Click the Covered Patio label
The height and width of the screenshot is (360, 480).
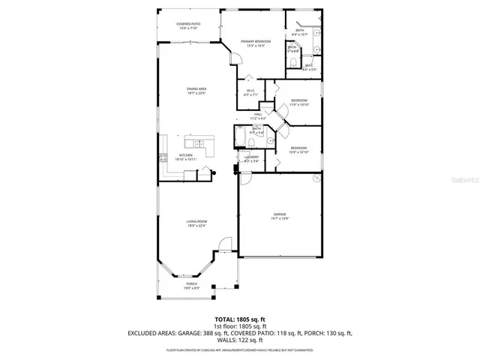[x=188, y=25]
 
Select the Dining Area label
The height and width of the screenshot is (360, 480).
[x=196, y=91]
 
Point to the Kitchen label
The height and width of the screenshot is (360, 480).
[x=185, y=157]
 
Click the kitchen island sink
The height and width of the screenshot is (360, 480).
[x=199, y=143]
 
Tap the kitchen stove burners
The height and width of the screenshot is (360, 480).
[x=161, y=157]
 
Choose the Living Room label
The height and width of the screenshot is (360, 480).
[x=196, y=223]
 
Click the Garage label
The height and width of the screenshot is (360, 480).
[x=279, y=215]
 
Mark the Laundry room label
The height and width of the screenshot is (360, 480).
[x=251, y=158]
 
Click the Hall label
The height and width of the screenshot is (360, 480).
[x=257, y=115]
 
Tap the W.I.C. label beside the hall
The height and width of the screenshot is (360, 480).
[x=250, y=93]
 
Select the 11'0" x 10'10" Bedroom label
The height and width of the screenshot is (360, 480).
[x=298, y=102]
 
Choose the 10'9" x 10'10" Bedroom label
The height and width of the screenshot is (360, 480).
[x=298, y=149]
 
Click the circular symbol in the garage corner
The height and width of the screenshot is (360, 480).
[x=316, y=180]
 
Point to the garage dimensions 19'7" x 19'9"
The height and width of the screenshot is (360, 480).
[x=279, y=219]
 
